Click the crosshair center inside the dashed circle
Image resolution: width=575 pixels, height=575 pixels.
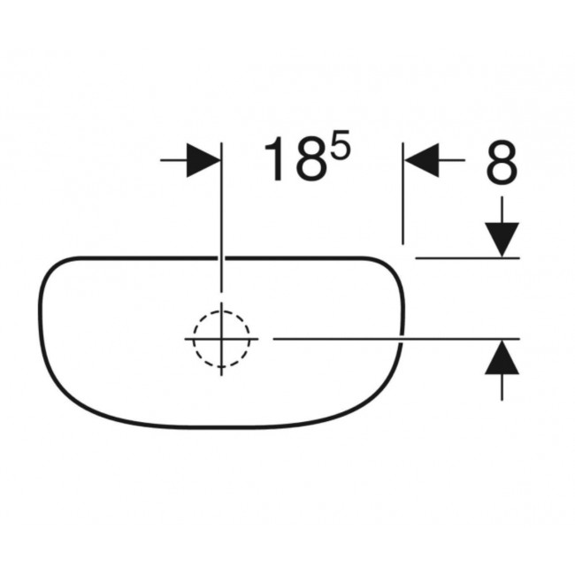point(222,338)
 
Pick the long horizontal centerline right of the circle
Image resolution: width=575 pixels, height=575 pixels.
point(389,338)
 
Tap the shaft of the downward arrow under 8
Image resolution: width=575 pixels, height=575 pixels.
point(502,211)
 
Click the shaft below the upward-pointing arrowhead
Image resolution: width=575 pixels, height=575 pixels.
point(502,386)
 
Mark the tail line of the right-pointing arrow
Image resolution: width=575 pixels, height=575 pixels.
point(173,160)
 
